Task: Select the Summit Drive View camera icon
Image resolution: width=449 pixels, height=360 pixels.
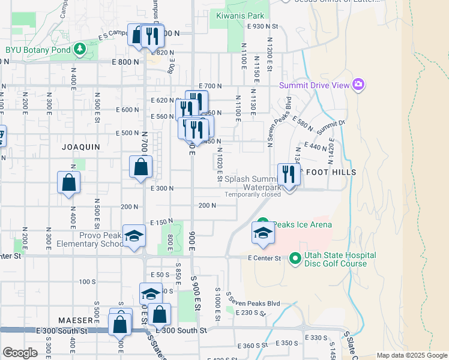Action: point(359,85)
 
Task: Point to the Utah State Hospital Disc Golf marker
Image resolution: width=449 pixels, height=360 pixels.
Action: point(295,259)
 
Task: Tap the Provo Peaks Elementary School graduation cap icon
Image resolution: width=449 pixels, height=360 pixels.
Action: point(134,236)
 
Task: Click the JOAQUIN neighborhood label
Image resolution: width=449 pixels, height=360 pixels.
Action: point(80,146)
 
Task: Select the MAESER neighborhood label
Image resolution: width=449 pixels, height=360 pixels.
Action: point(75,320)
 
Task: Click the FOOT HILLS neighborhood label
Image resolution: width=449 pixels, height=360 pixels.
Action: point(331,172)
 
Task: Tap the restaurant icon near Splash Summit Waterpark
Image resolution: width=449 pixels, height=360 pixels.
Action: point(289,175)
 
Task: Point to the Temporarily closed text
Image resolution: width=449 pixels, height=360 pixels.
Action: point(253,194)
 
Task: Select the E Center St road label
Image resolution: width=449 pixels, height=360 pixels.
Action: point(265,258)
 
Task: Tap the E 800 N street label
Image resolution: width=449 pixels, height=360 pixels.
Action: point(125,62)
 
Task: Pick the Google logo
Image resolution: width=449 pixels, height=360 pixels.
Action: point(20,353)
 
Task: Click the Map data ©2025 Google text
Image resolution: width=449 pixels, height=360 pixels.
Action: point(411,355)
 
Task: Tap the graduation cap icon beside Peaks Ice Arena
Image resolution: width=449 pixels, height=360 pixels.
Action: point(263,233)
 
